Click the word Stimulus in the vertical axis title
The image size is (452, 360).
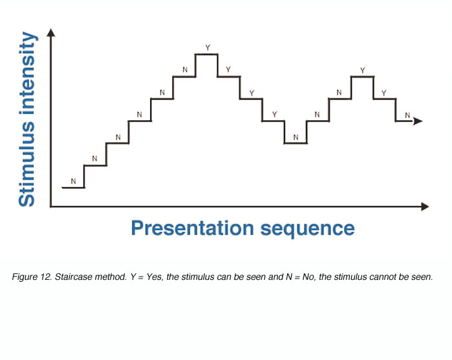[27, 164]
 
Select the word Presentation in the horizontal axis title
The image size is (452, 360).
[193, 229]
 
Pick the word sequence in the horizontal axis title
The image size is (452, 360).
[308, 229]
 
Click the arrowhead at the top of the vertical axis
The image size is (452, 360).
[50, 32]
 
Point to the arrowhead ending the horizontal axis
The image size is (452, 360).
[425, 206]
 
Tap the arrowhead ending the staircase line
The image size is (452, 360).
[418, 121]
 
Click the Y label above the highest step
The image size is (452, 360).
[208, 47]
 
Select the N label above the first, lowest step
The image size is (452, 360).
[73, 182]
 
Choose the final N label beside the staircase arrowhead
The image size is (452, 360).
[407, 115]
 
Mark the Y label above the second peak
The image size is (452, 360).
[363, 70]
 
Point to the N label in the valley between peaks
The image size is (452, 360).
[296, 137]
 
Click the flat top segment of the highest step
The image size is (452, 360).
[206, 54]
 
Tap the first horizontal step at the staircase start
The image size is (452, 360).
[73, 187]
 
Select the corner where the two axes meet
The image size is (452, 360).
[50, 206]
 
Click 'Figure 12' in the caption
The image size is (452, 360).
[32, 277]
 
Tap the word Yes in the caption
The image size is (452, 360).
[155, 277]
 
